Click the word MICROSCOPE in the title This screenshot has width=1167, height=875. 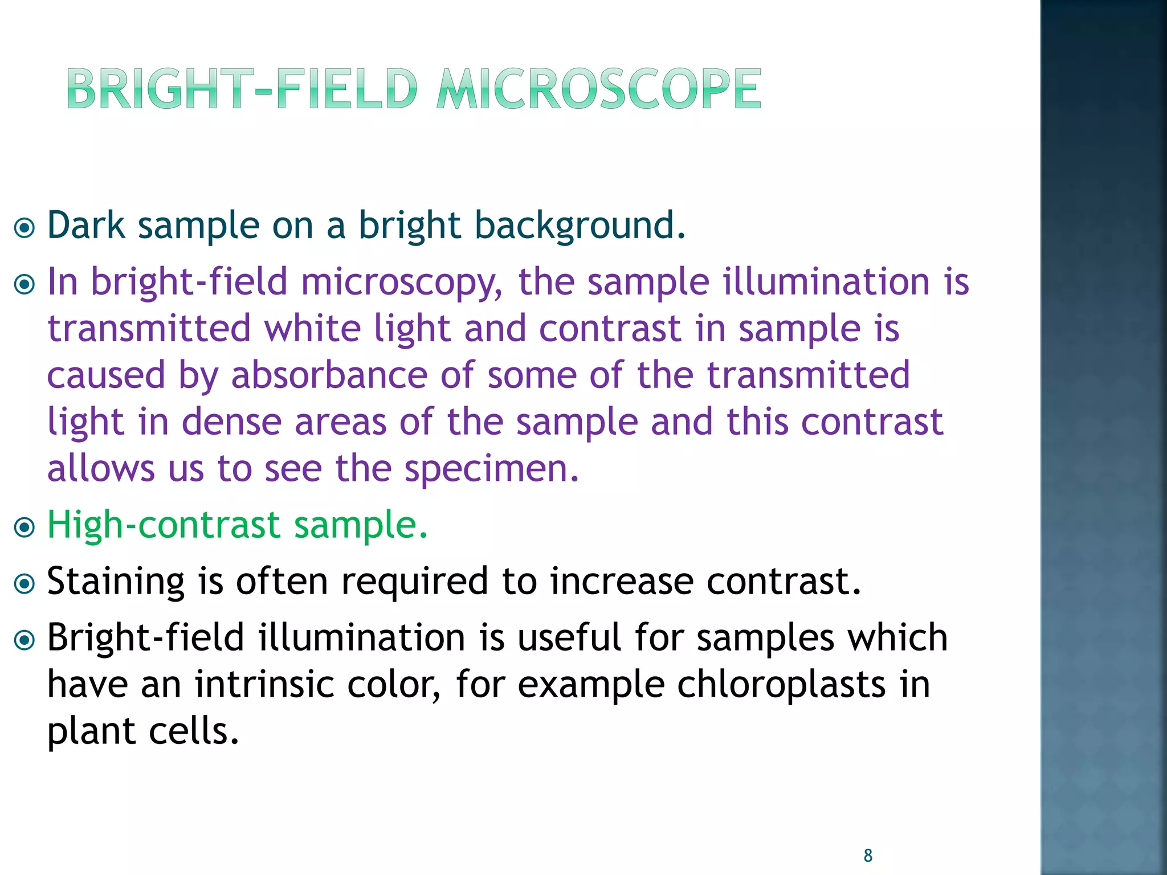click(598, 89)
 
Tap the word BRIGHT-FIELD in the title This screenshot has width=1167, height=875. click(242, 89)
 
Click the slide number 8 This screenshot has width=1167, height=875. click(868, 855)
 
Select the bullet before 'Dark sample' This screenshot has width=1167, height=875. click(25, 228)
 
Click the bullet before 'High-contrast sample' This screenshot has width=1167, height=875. click(25, 527)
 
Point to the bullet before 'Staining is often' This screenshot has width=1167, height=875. click(25, 583)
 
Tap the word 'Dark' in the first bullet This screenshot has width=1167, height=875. click(85, 225)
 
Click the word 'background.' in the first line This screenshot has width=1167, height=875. click(580, 226)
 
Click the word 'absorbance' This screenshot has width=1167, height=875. click(329, 376)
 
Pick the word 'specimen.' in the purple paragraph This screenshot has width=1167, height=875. click(491, 469)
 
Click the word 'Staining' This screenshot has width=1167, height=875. click(116, 582)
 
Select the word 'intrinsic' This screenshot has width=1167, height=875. click(264, 684)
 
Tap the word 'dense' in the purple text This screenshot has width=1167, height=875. click(231, 422)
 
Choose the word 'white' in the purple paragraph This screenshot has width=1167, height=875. click(312, 329)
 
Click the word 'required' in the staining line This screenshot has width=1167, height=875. click(414, 582)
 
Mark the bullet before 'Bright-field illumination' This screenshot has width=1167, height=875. click(25, 640)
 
